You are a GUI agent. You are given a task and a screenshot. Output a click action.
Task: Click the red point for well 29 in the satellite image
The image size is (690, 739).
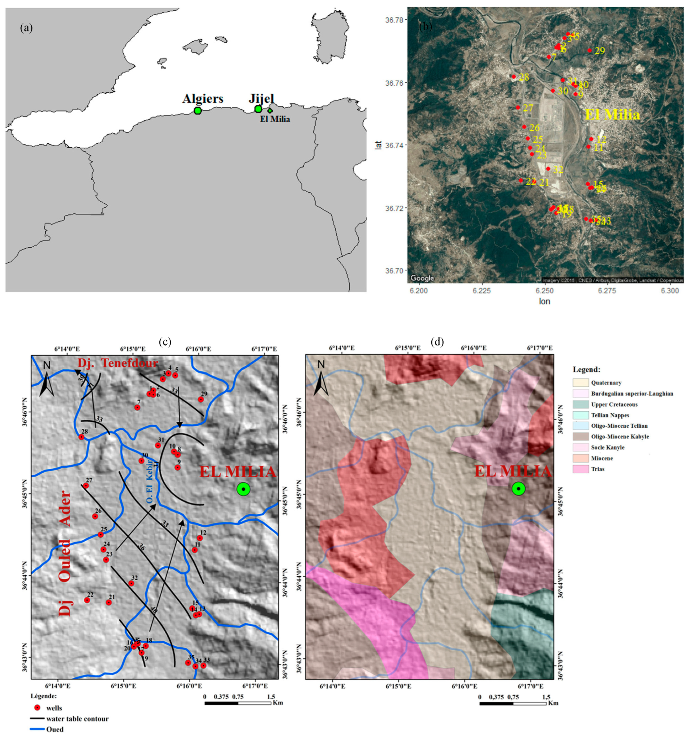click(x=589, y=50)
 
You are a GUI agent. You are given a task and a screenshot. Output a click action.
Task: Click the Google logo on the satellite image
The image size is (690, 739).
click(x=422, y=278)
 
